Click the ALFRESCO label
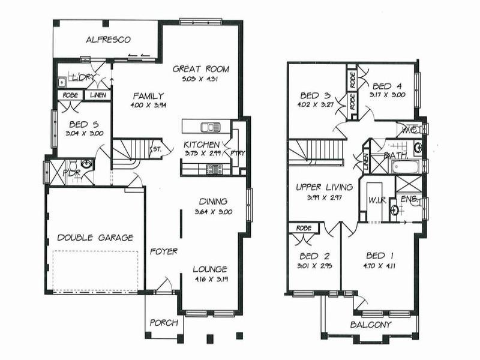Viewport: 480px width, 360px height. tap(108, 40)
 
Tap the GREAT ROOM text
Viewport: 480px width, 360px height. tap(200, 68)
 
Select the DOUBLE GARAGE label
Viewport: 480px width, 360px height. tap(95, 238)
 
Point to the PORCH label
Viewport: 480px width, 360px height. tap(164, 323)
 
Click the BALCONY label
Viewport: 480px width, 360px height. tap(370, 325)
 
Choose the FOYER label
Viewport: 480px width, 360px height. tap(163, 251)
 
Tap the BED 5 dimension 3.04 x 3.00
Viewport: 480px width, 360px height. tap(81, 134)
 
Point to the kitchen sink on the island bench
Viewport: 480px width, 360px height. tap(210, 127)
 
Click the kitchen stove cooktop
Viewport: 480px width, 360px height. tap(214, 169)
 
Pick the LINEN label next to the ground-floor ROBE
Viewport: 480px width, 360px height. tap(97, 95)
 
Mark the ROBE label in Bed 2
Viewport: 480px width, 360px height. tap(304, 228)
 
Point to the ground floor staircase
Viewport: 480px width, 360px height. tap(129, 153)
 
